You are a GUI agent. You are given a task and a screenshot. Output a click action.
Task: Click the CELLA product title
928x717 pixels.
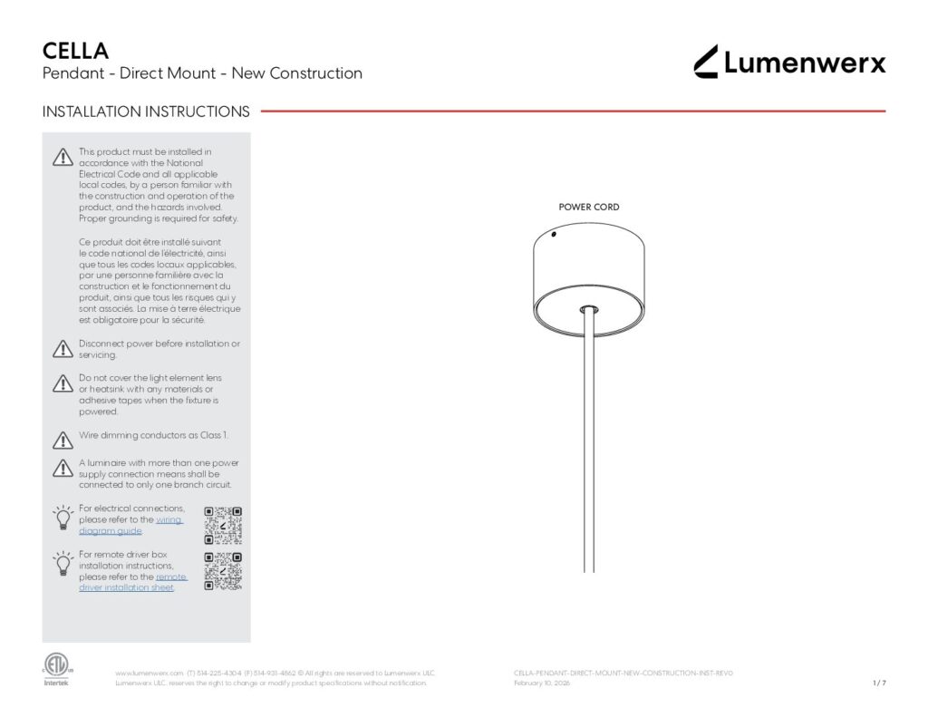tap(76, 50)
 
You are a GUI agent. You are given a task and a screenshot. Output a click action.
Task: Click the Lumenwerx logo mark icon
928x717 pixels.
tap(706, 62)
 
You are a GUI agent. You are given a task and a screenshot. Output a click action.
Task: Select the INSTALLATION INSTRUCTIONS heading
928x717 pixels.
tap(146, 112)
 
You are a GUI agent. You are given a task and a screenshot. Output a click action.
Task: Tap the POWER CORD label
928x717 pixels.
tap(589, 208)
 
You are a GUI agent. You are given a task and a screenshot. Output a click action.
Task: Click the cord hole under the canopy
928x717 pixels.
tap(589, 310)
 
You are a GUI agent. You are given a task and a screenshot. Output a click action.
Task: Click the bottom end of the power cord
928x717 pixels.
tap(589, 568)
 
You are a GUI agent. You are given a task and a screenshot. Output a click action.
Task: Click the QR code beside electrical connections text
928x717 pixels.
tap(223, 524)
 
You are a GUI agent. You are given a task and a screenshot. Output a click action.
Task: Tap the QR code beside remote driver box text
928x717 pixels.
tap(223, 571)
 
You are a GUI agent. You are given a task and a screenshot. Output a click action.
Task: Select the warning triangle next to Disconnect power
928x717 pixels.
tap(62, 349)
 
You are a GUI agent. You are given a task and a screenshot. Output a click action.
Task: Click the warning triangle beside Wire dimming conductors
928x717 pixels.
tap(62, 441)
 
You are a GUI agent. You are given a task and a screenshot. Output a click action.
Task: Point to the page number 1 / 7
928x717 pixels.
tap(878, 683)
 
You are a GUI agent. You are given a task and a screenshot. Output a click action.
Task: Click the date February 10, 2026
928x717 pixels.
tap(542, 683)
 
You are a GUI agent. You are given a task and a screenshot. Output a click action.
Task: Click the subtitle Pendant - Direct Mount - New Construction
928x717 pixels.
tap(202, 73)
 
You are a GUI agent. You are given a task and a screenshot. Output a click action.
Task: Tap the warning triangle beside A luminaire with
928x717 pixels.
tap(62, 469)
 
